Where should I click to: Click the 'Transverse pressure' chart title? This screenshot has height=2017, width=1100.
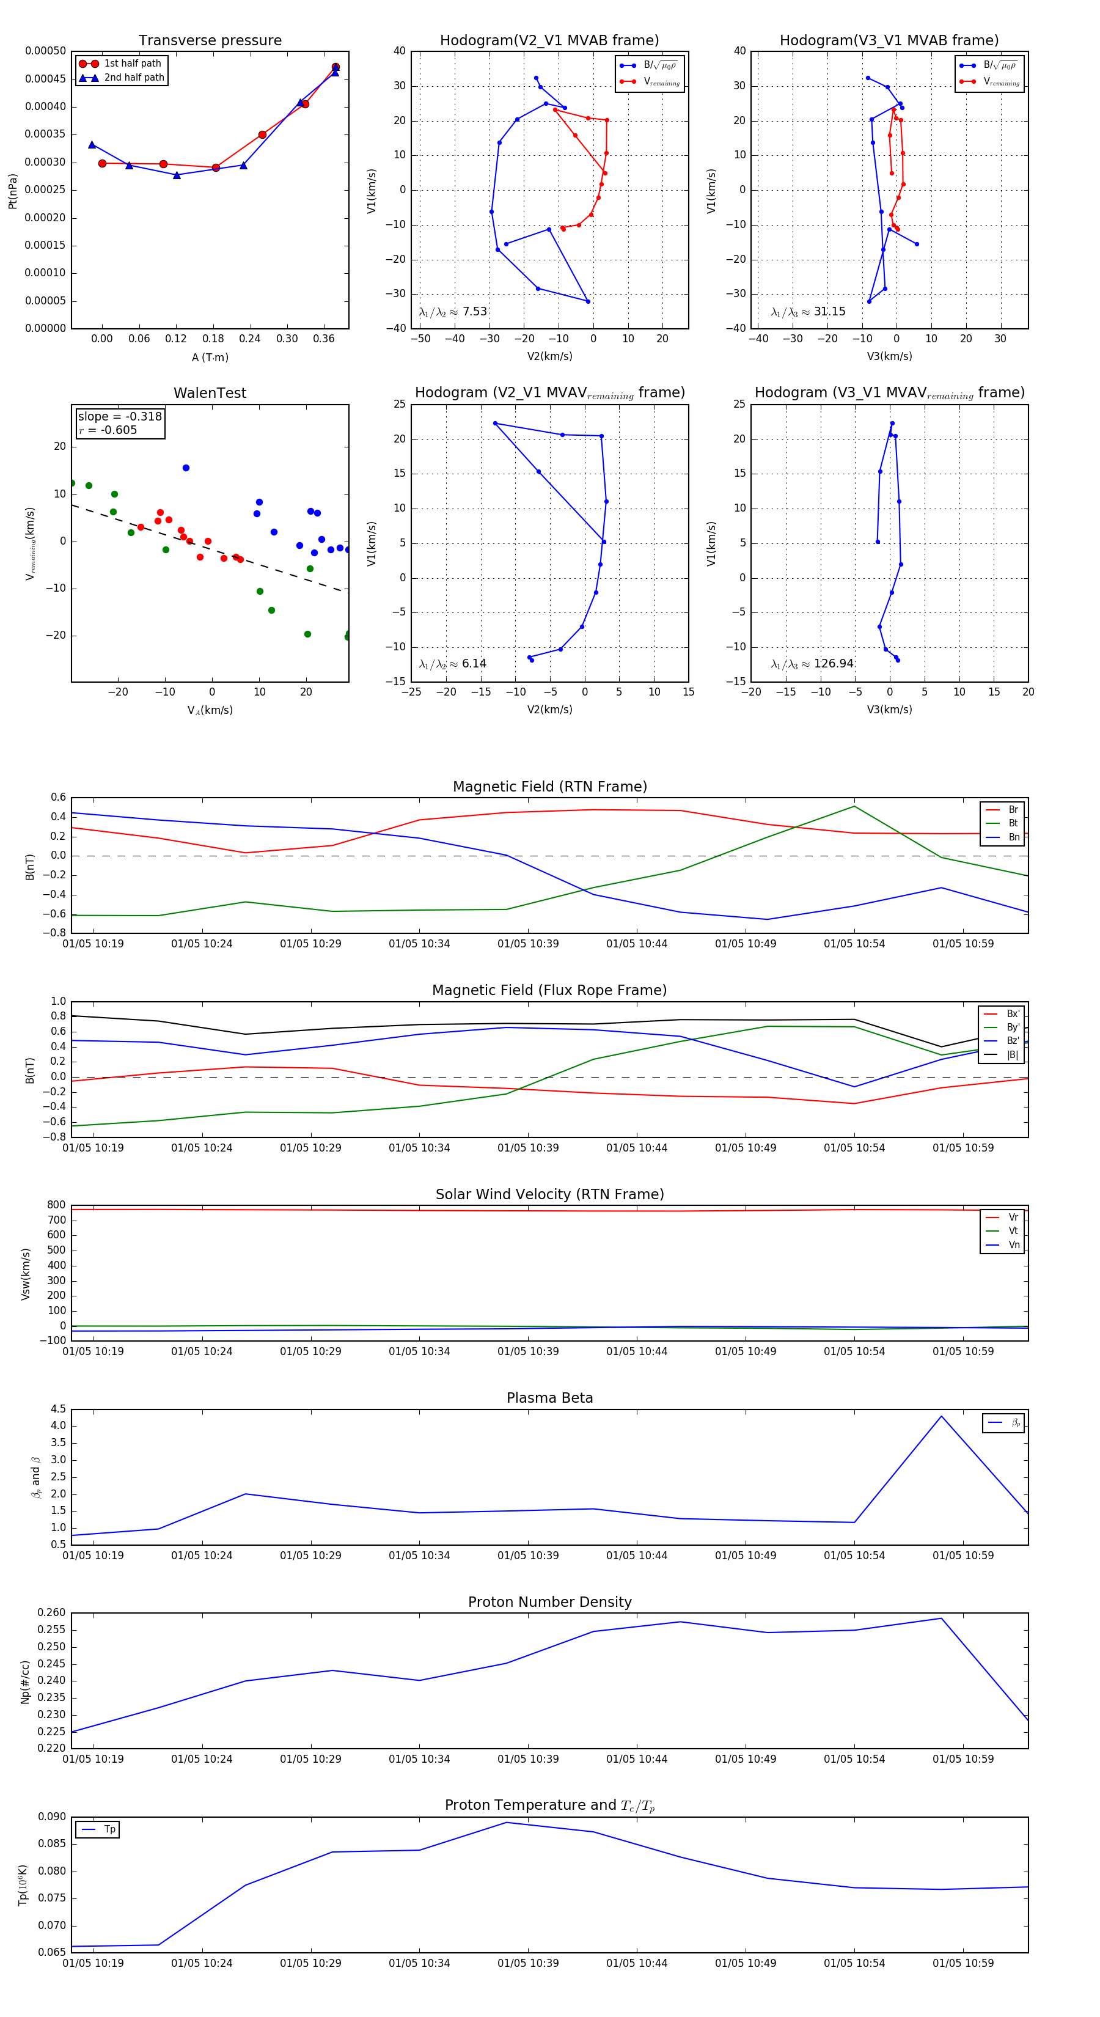(x=210, y=41)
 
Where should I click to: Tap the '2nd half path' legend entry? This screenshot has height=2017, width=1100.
(x=134, y=78)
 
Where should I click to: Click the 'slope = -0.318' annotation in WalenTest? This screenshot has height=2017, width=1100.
(x=120, y=417)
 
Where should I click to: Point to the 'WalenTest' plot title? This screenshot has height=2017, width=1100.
(x=210, y=393)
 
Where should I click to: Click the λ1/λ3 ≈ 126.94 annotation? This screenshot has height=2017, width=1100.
(x=812, y=664)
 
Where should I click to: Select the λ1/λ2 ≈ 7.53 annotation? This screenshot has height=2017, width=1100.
(x=452, y=312)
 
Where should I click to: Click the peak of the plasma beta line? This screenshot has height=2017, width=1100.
(x=941, y=1416)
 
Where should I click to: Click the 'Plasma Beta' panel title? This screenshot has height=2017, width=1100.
(x=549, y=1398)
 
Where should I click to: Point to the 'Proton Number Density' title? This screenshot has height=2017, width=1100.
(x=549, y=1602)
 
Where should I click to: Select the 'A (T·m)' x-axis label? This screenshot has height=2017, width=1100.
(x=210, y=358)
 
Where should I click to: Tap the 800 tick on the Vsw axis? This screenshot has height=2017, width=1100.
(x=56, y=1205)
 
